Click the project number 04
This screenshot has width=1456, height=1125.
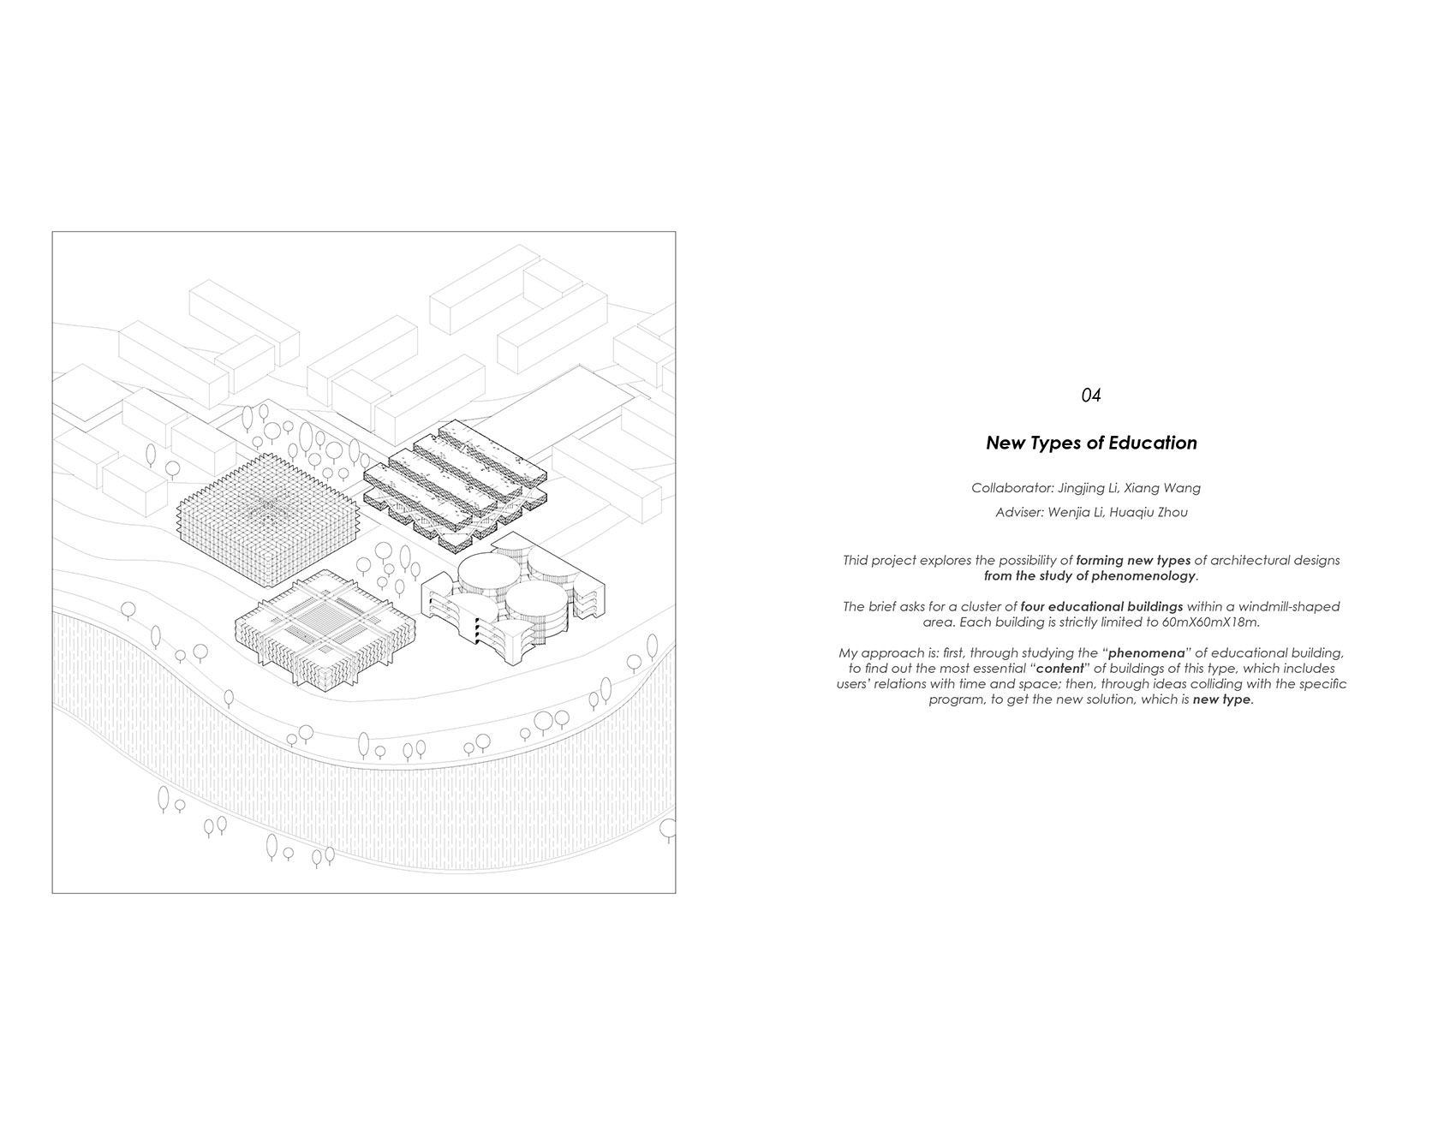1090,396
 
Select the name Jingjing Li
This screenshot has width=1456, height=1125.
1083,488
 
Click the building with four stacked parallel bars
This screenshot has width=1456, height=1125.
454,484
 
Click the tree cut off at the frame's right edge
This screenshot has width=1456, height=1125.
668,830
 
